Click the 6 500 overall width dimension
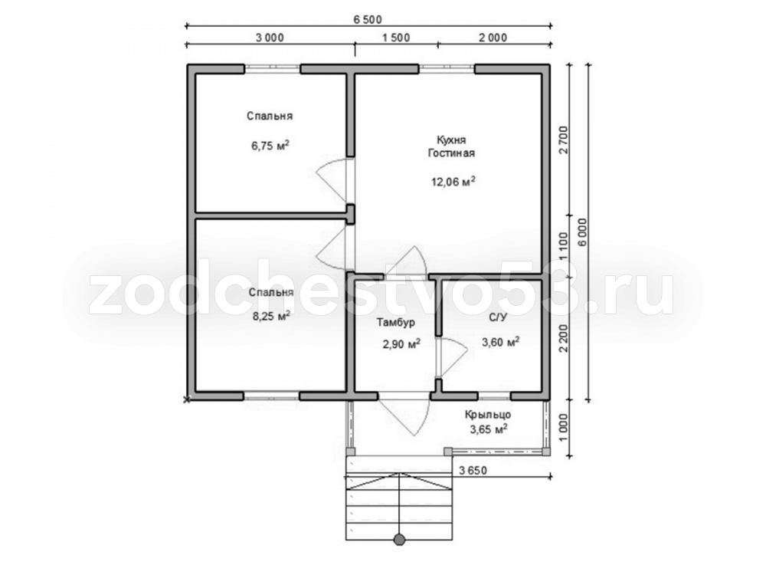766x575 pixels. pos(368,20)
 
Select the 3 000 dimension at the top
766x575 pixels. pos(270,37)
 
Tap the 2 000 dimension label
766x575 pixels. pos(493,37)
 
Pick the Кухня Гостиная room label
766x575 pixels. pos(451,146)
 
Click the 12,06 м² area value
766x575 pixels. pos(453,182)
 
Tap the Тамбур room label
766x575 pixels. pos(396,322)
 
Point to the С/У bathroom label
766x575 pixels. pos(499,317)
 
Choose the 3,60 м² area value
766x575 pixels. pos(501,342)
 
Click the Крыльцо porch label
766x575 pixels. pos(487,415)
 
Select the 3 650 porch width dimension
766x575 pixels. pos(473,471)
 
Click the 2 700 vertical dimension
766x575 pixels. pos(563,140)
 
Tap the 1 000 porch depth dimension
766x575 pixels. pos(563,429)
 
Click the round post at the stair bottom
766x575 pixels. pos(400,539)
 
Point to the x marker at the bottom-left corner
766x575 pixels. pos(186,400)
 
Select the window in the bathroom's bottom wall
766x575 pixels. pos(494,396)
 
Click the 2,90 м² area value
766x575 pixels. pos(401,344)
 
